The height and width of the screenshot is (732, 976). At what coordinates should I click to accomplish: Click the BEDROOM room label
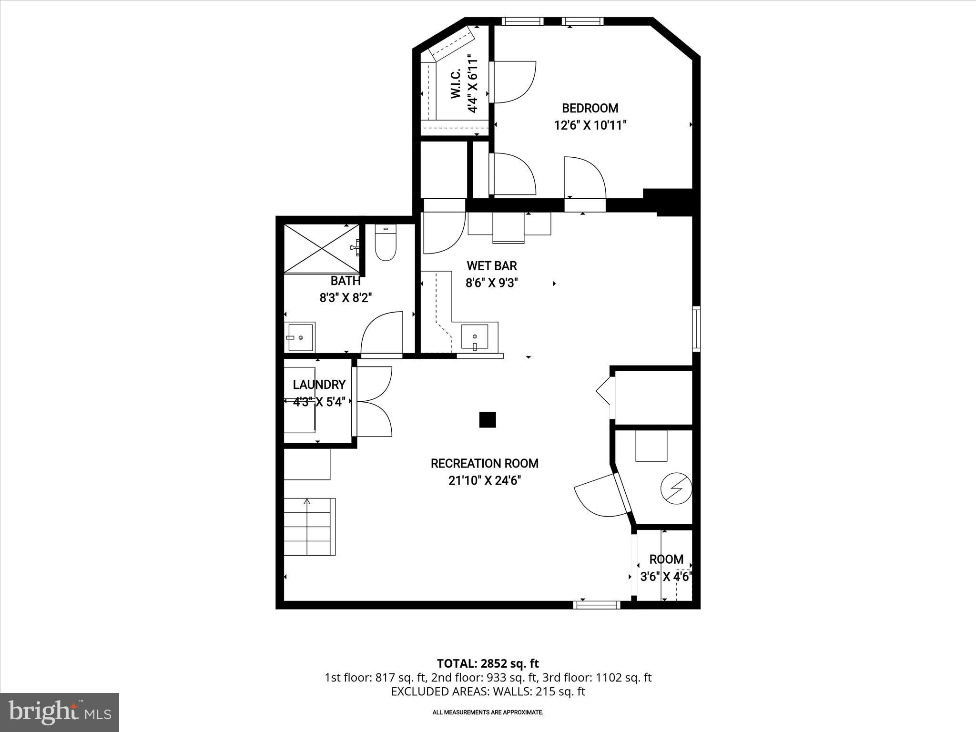tap(590, 108)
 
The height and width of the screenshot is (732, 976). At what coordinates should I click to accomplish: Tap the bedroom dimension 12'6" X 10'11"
tap(590, 125)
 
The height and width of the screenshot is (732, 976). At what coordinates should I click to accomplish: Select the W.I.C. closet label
tap(456, 84)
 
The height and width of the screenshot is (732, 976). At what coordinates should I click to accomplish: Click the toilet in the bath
tap(386, 243)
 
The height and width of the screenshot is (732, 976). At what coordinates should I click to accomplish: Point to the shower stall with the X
tap(322, 248)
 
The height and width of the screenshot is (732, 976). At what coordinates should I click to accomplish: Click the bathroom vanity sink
tap(300, 337)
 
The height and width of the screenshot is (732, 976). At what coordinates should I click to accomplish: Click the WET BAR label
tap(491, 266)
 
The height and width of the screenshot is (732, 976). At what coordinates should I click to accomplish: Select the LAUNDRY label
tap(319, 385)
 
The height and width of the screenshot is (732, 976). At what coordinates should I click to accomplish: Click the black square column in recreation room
tap(487, 420)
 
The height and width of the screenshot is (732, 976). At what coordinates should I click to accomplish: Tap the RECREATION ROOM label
tap(484, 463)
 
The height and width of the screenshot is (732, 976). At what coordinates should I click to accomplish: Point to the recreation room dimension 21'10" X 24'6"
tap(484, 481)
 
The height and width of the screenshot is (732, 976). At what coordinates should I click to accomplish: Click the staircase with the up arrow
tap(309, 527)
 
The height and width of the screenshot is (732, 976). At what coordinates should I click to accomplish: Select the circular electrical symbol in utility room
tap(676, 488)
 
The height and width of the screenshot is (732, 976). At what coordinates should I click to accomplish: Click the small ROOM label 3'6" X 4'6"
tap(666, 559)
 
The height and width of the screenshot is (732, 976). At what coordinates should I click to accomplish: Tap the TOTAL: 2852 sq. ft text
tap(488, 663)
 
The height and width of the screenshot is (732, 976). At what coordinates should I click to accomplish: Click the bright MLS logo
tap(60, 712)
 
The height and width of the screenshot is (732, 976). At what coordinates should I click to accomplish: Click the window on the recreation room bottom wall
tap(596, 605)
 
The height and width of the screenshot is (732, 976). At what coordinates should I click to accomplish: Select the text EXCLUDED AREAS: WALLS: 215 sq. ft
tap(488, 691)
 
